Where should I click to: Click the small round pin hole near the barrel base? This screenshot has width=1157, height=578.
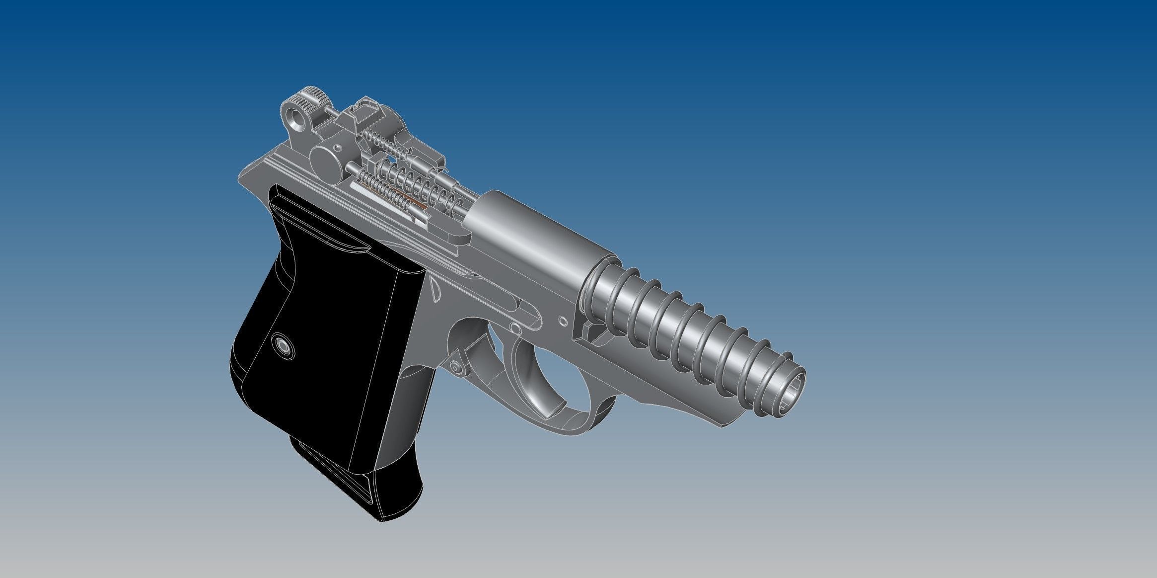click(x=563, y=322)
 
